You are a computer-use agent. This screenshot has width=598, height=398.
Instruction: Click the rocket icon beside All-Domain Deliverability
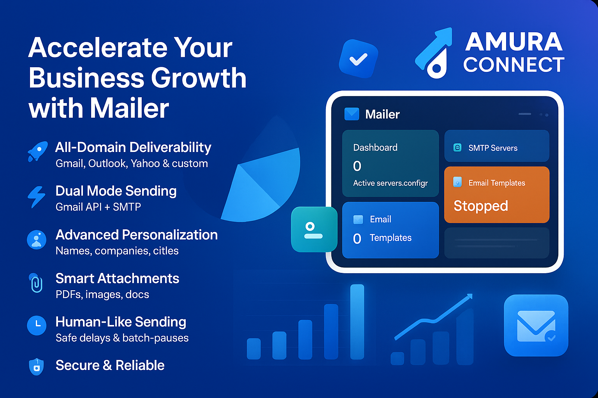(38, 151)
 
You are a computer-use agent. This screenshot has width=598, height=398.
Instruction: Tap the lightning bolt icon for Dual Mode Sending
(37, 197)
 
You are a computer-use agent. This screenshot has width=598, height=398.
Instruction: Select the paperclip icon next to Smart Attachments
(36, 283)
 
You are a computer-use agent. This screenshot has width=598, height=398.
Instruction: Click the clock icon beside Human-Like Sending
(37, 325)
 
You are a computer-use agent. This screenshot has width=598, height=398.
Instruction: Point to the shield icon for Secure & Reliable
(36, 367)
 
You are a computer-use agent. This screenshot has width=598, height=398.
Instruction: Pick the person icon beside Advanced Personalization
(37, 240)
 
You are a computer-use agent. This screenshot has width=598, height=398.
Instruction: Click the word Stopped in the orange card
(481, 206)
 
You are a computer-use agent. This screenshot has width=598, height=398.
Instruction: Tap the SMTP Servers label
(493, 148)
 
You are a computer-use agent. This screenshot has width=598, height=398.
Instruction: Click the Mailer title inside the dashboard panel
(382, 114)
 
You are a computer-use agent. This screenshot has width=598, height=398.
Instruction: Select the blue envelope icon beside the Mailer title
(352, 114)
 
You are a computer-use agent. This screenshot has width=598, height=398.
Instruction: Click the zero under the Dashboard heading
(357, 166)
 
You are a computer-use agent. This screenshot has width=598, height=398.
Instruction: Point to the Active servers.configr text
(390, 183)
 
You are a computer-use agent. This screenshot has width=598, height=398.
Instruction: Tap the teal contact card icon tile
(314, 229)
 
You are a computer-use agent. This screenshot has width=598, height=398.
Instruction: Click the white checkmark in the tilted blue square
(359, 59)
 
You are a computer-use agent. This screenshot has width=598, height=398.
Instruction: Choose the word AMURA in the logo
(514, 42)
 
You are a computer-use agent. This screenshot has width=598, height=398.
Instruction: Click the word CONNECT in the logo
(514, 65)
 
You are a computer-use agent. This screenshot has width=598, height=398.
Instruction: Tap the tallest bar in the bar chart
(357, 322)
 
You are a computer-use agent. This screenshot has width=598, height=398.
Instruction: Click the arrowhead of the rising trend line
(469, 297)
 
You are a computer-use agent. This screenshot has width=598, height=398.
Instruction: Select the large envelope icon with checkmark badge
(536, 325)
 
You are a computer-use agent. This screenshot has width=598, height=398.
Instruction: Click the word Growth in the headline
(199, 78)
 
